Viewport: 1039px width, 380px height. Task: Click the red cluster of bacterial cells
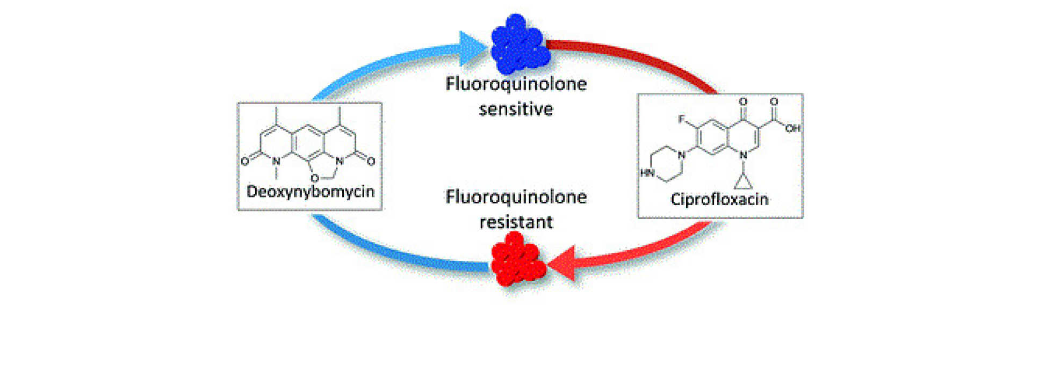517,260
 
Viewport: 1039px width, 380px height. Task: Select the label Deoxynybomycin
310,192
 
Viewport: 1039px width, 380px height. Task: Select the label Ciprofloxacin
719,199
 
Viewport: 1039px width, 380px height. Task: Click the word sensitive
516,109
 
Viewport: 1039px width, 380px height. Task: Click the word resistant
516,222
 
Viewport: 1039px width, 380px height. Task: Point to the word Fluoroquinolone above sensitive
516,84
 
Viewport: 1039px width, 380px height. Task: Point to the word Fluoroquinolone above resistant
516,197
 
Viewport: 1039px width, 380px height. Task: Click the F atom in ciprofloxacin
681,119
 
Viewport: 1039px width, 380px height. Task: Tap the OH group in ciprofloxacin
792,128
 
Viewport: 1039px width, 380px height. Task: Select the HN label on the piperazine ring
647,173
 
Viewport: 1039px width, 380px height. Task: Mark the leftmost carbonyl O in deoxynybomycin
245,161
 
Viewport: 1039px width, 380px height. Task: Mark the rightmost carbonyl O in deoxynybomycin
371,161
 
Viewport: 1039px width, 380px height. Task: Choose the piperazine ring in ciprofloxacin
666,164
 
